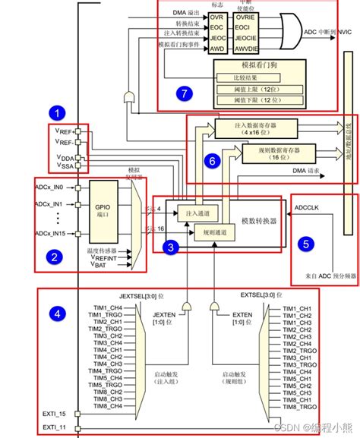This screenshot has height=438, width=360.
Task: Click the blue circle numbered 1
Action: pyautogui.click(x=55, y=113)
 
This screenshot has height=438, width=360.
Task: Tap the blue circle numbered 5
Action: pyautogui.click(x=305, y=244)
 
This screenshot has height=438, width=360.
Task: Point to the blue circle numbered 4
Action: pyautogui.click(x=55, y=313)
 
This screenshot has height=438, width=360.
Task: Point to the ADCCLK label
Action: pyautogui.click(x=308, y=206)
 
